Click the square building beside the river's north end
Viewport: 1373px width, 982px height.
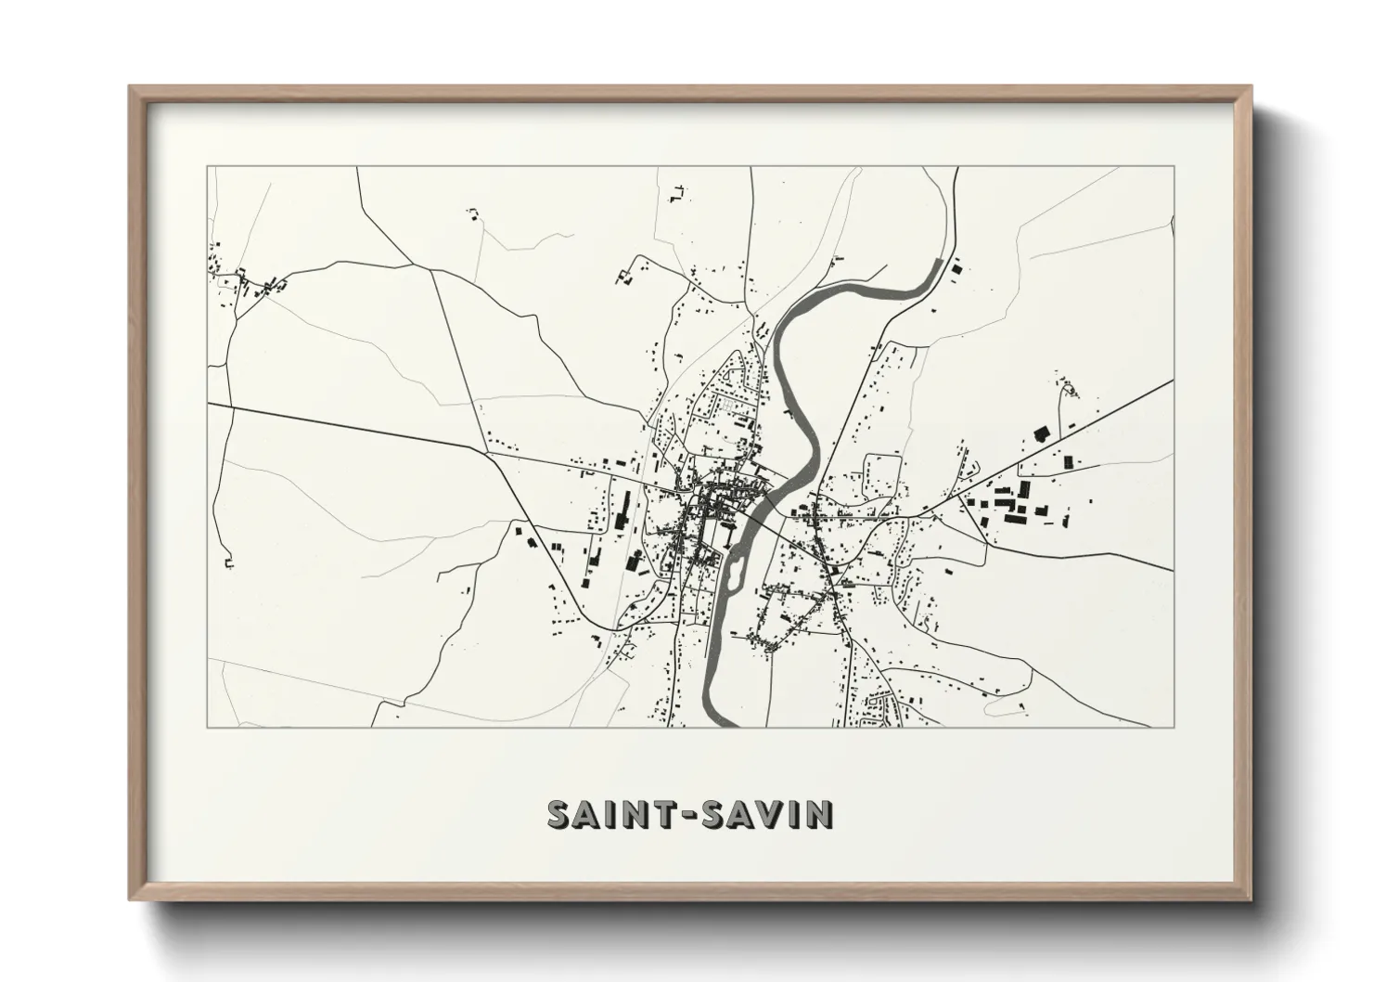tap(956, 269)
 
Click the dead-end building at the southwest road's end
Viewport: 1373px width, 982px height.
tap(227, 562)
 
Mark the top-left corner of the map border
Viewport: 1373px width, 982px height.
tap(207, 167)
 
